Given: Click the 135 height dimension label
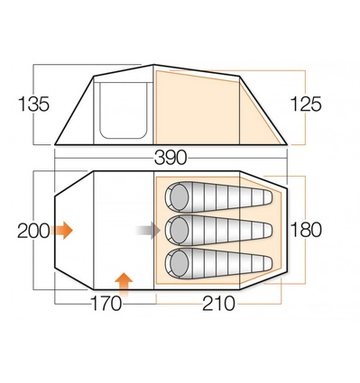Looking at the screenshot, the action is point(33,105).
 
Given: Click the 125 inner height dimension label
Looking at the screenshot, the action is point(306,105).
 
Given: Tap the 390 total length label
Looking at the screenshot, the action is point(171,158).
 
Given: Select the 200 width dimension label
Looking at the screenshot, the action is point(33,231).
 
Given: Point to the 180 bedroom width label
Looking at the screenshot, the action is point(306,230).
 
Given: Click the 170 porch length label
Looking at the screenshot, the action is point(106,304).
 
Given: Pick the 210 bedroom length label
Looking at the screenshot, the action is point(218,304).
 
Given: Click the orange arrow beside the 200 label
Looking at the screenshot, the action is point(61,231).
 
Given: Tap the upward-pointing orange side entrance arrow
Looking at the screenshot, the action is point(124,285).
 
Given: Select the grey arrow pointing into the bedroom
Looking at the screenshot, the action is point(148,231).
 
